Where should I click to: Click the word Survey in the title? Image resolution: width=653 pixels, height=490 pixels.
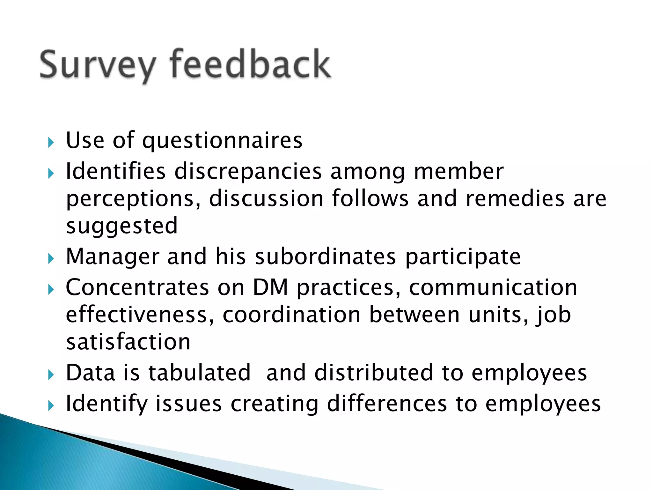pyautogui.click(x=97, y=65)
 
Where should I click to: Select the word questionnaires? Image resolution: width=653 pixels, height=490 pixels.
pyautogui.click(x=222, y=141)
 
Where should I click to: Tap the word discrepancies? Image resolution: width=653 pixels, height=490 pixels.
pyautogui.click(x=248, y=172)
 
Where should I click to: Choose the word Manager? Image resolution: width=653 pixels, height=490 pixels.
pyautogui.click(x=113, y=257)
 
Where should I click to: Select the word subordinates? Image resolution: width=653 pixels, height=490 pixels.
pyautogui.click(x=325, y=257)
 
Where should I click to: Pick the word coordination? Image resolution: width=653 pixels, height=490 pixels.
pyautogui.click(x=291, y=315)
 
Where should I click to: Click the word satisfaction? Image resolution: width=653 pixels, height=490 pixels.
pyautogui.click(x=128, y=342)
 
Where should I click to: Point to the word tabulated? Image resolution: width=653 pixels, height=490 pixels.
pyautogui.click(x=200, y=373)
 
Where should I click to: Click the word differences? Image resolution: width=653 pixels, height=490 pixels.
pyautogui.click(x=387, y=404)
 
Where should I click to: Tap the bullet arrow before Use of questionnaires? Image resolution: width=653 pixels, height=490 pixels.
pyautogui.click(x=51, y=143)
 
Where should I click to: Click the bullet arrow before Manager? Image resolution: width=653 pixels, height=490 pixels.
pyautogui.click(x=51, y=259)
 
